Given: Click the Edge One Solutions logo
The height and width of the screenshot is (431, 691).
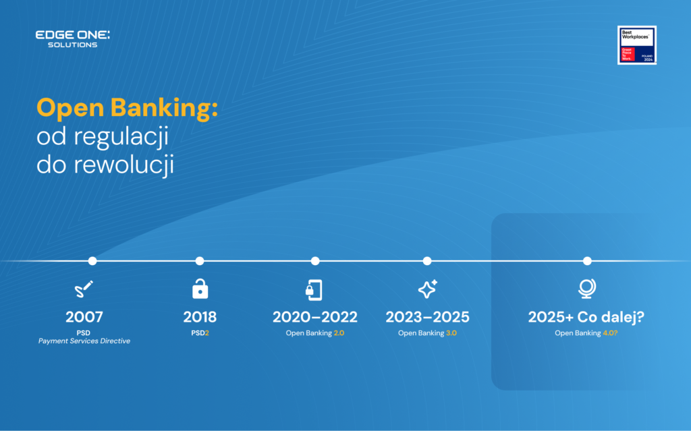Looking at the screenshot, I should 72,39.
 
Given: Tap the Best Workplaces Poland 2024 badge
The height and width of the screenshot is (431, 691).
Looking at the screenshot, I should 637,45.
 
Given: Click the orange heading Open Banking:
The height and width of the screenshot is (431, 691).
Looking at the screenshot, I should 127,108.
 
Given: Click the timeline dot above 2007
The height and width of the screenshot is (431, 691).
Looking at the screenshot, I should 92,261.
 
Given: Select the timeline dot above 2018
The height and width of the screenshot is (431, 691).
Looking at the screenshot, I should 200,261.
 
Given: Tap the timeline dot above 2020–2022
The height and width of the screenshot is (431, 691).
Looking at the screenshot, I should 315,261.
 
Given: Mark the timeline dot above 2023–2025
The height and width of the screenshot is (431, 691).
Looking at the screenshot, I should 427,261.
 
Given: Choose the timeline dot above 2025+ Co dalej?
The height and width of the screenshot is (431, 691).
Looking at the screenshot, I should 587,261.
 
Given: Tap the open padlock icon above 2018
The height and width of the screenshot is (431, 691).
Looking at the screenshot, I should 200,289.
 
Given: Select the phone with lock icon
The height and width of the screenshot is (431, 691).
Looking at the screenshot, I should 314,289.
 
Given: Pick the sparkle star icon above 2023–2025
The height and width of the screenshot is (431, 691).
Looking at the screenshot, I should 427,289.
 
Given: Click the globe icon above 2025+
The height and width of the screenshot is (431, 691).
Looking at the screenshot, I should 586,289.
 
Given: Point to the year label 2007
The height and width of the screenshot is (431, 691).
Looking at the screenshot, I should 84,317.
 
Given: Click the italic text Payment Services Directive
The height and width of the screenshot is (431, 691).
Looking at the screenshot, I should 84,341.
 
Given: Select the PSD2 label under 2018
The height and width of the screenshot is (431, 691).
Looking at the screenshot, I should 200,333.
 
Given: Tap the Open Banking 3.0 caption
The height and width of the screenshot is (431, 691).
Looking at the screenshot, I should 427,333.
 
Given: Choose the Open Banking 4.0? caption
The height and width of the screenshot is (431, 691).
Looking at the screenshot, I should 586,333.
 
